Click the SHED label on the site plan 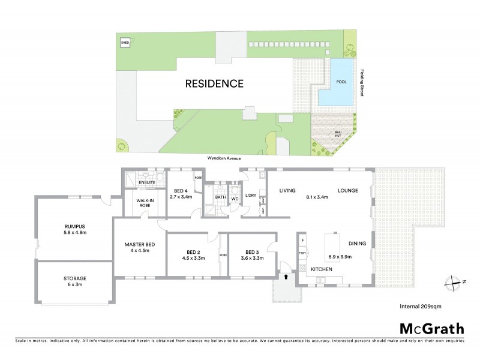point(125,43)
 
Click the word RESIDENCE point(214,83)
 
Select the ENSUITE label point(147,182)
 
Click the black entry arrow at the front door point(286,277)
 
